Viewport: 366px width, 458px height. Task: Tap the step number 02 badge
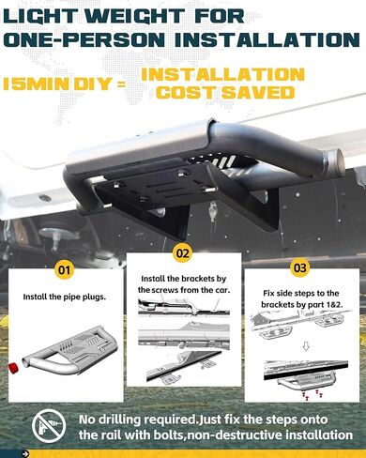point(182,253)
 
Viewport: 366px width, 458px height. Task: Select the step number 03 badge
point(299,267)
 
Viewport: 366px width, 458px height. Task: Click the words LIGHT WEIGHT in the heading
point(102,16)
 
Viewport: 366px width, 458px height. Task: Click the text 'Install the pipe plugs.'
point(64,298)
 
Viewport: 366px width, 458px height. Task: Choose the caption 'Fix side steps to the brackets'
point(299,298)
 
